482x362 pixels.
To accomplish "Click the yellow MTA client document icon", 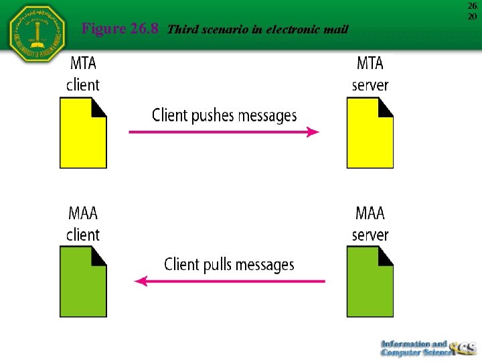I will [x=83, y=133].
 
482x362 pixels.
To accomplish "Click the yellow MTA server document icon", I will [x=370, y=133].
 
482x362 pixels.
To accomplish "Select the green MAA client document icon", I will [x=83, y=282].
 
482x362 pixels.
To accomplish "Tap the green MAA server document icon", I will [x=370, y=282].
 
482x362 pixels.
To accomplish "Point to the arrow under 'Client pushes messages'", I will [x=224, y=132].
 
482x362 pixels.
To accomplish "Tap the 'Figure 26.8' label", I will [x=120, y=29].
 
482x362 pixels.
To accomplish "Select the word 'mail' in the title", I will [x=335, y=29].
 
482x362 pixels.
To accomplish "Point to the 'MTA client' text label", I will [x=83, y=74].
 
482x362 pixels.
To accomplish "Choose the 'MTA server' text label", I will [x=370, y=74].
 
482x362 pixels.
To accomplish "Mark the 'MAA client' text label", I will [x=83, y=224].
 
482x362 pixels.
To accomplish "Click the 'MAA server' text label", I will [x=370, y=224].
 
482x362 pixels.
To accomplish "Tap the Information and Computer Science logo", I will [x=427, y=347].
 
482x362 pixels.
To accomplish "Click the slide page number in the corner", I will [x=473, y=11].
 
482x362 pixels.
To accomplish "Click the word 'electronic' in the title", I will [x=293, y=29].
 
